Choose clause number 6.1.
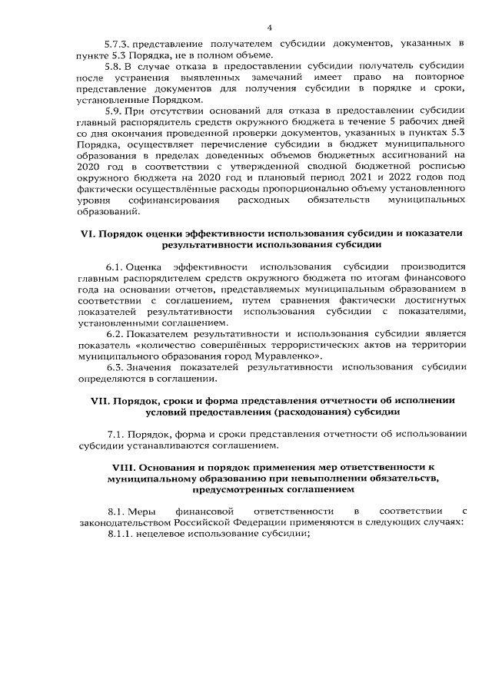(115, 267)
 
